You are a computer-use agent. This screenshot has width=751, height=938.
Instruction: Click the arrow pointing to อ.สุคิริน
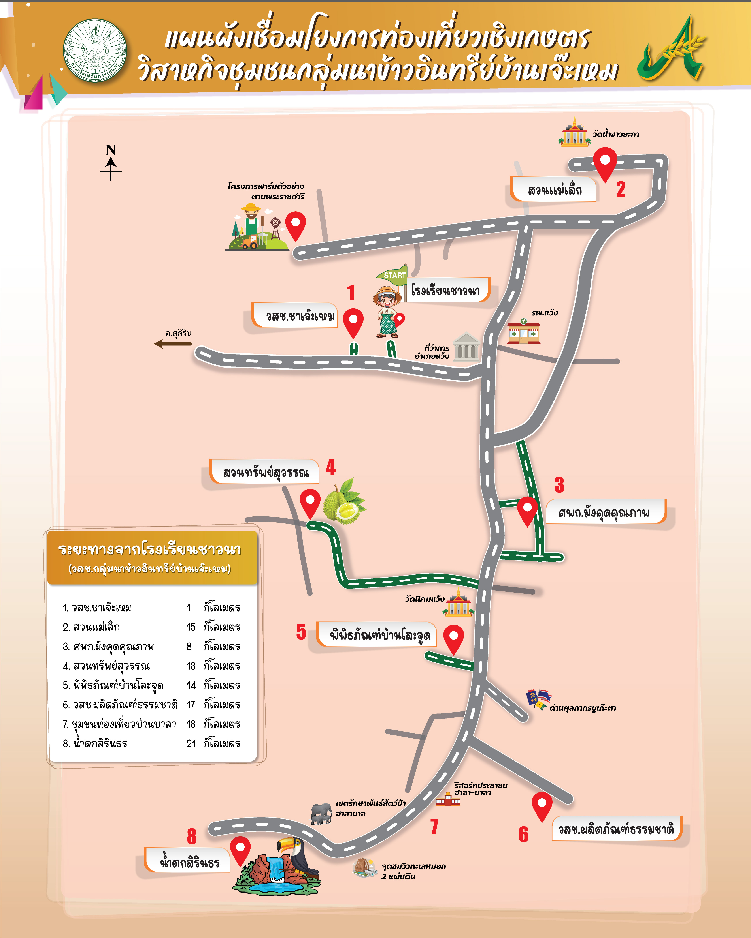pos(172,344)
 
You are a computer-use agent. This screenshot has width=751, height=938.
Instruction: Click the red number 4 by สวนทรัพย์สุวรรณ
pos(331,467)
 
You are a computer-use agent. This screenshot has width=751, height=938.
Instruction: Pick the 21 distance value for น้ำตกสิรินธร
pos(191,743)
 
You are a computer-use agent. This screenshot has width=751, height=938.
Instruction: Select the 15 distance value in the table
pos(191,627)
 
